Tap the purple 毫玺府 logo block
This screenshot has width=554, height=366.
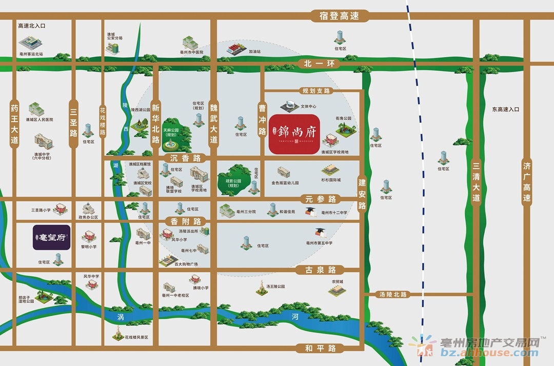point(51,238)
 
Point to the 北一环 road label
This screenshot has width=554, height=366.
point(315,64)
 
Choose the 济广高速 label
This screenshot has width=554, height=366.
point(526,182)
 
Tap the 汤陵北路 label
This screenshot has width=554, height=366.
point(393,295)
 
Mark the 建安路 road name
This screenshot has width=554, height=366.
point(362,194)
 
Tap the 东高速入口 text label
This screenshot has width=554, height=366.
point(505,109)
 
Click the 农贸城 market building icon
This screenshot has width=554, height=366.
point(337,291)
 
